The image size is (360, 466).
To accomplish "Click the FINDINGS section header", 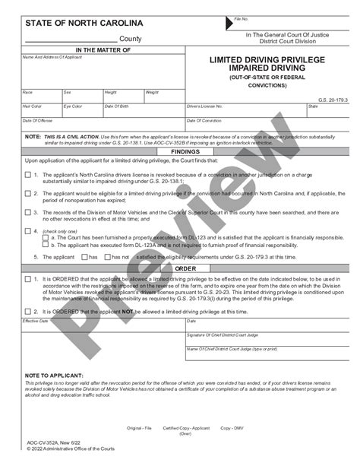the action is click(185, 152).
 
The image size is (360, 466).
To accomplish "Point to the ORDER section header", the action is click(185, 268).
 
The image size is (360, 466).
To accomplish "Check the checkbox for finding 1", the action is click(28, 174).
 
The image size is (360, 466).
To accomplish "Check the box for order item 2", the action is click(28, 310).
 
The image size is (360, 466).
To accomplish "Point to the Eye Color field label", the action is click(73, 106).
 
